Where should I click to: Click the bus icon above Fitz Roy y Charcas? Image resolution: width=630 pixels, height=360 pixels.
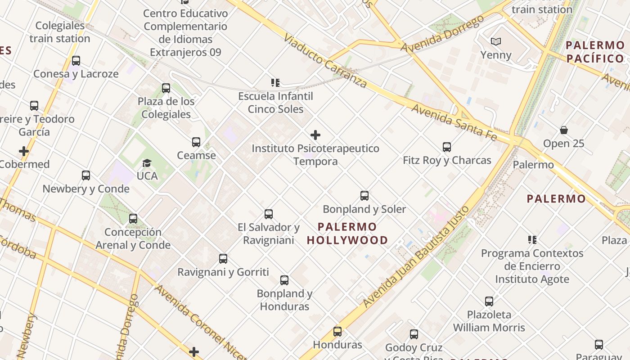coord(446,147)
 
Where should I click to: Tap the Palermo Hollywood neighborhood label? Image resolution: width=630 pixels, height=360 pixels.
coord(347,233)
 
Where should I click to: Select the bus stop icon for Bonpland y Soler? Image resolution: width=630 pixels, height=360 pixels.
coord(364,196)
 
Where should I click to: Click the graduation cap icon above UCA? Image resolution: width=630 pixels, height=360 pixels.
coord(147,163)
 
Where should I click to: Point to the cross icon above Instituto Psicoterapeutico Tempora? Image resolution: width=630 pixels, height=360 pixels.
coord(315,135)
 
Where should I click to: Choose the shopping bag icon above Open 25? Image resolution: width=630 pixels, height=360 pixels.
coord(563,130)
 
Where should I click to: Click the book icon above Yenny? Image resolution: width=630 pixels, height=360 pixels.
coord(496,42)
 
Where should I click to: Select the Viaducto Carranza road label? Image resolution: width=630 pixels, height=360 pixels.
coord(325,60)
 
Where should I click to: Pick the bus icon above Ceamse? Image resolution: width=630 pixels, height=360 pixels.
coord(196,142)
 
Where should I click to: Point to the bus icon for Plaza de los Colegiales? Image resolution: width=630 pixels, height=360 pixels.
coord(166,88)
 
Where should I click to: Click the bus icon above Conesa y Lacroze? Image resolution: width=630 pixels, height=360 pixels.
coord(76,61)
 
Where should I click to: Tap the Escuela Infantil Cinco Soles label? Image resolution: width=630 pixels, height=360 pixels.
coord(275,103)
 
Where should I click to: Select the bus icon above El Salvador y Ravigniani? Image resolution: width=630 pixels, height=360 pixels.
coord(269,214)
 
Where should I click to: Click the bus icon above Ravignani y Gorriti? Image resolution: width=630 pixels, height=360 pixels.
coord(223,259)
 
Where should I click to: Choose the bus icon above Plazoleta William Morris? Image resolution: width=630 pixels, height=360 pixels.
coord(489,301)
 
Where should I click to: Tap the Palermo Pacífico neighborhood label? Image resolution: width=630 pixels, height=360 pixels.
coord(595,52)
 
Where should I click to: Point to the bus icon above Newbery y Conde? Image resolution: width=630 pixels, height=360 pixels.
coord(86,175)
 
